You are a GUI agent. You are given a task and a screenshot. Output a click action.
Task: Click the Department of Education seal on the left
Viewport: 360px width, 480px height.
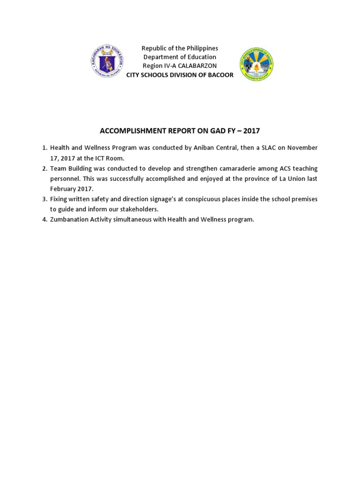tap(107, 61)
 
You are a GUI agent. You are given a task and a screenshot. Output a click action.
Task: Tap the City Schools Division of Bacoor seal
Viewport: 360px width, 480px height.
tap(256, 64)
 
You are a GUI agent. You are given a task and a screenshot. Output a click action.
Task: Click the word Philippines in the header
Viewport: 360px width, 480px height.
tap(200, 48)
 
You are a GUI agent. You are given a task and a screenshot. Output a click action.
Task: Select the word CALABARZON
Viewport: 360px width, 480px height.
tap(197, 66)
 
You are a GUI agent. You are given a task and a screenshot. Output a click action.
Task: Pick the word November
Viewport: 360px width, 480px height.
tap(302, 148)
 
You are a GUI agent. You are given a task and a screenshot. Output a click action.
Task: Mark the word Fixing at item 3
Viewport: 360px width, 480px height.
tap(59, 199)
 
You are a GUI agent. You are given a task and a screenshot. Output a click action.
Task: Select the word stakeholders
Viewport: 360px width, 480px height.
tap(140, 210)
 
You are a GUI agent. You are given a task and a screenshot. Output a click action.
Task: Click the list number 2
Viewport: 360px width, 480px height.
tap(44, 168)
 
